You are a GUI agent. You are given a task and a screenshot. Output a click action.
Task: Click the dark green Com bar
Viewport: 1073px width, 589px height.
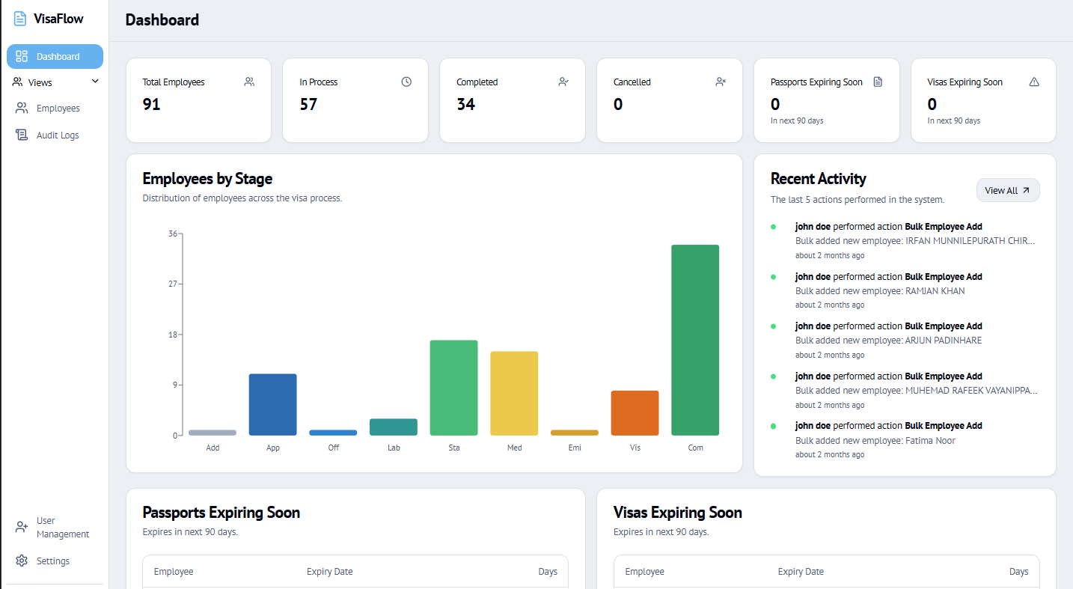pos(695,340)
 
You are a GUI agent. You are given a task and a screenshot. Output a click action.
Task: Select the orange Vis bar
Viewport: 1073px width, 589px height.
pos(635,412)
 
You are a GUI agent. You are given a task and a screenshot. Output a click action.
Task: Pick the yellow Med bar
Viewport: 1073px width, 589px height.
pos(514,393)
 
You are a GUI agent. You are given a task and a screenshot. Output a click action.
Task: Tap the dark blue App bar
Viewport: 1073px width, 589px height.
pos(272,404)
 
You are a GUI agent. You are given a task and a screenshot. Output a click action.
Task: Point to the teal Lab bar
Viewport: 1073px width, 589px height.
pos(394,427)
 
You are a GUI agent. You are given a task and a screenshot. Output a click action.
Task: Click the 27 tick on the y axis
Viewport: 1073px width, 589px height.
pos(172,284)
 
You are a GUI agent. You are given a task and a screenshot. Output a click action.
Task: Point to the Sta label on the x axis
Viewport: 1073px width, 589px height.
pos(453,448)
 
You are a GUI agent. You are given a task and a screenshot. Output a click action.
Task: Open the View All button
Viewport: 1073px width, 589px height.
pos(1008,190)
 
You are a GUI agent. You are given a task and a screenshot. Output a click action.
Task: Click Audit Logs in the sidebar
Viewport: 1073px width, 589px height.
pos(58,135)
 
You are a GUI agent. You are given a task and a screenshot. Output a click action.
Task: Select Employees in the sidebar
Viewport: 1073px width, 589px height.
pos(58,109)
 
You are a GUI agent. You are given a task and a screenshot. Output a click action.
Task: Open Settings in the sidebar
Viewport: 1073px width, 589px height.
pos(52,561)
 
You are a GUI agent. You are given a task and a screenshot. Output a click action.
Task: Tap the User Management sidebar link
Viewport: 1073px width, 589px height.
pos(63,527)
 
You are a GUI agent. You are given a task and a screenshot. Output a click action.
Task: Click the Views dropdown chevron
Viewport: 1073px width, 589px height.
pos(95,82)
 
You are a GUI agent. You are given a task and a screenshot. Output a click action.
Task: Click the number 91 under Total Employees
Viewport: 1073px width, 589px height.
pos(151,104)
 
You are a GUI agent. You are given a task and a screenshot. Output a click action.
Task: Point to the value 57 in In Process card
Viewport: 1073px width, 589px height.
pos(308,104)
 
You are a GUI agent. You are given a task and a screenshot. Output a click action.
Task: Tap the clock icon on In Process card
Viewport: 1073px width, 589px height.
pos(406,82)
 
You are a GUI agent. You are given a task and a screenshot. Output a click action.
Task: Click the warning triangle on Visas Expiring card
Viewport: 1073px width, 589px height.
pos(1034,82)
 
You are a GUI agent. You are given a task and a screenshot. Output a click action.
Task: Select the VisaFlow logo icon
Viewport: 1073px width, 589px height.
pos(20,19)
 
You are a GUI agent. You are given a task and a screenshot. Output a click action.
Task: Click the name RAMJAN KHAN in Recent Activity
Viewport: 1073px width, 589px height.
pos(935,291)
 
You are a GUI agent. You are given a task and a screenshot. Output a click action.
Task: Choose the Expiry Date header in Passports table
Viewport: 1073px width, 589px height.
pos(329,571)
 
